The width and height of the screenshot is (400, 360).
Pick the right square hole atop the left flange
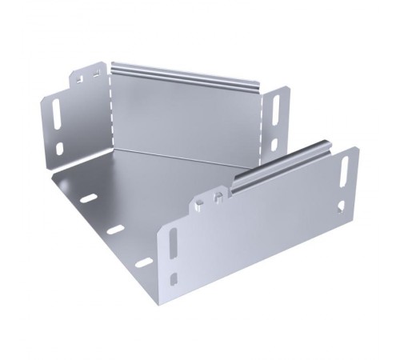click(96, 74)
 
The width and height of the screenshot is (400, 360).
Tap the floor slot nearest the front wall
click(144, 262)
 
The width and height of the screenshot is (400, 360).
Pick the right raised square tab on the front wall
click(219, 193)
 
